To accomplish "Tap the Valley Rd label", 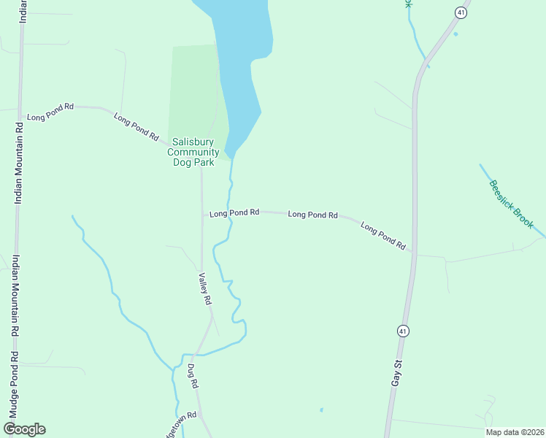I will point(206,289).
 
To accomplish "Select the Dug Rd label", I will point(193,375).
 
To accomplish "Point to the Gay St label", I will point(397,372).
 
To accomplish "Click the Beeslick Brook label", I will point(512,204).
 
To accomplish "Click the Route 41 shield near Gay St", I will point(402,331).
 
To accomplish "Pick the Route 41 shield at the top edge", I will point(461,12).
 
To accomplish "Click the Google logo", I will point(24,429).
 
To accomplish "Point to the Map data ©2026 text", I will point(515,432).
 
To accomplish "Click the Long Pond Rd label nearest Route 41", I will point(382,237).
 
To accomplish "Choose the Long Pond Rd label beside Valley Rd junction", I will point(234,213).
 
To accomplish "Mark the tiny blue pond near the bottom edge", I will point(320,410).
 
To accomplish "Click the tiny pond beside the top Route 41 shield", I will point(455,34).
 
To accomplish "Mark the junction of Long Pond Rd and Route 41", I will point(412,253).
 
